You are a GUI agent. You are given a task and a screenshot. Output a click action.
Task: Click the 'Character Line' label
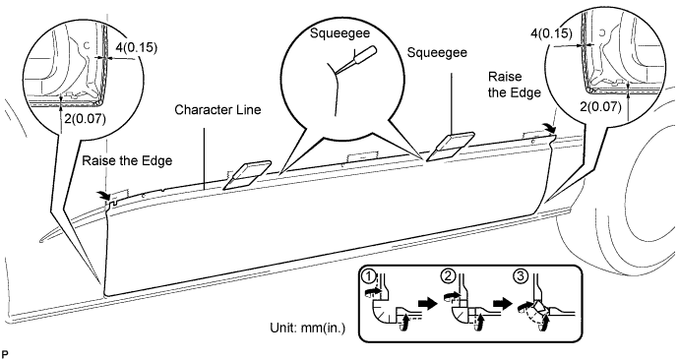(x=217, y=109)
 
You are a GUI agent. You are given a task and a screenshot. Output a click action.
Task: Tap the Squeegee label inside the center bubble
(x=339, y=33)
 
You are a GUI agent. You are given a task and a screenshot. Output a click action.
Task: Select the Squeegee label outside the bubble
(x=437, y=52)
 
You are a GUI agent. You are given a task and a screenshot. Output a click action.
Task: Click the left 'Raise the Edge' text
(x=127, y=160)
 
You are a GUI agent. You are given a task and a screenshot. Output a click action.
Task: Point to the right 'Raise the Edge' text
(x=514, y=85)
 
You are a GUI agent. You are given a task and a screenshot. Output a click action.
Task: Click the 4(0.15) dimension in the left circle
(x=136, y=47)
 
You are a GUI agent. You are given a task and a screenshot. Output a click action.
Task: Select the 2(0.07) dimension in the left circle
(x=85, y=119)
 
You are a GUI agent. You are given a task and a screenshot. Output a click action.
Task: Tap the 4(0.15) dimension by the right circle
(x=551, y=32)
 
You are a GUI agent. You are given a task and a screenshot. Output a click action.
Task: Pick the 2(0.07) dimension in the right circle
(x=600, y=105)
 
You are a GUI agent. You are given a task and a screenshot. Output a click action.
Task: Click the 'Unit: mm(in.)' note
(x=308, y=328)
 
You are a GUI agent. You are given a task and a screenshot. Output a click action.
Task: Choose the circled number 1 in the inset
(x=368, y=275)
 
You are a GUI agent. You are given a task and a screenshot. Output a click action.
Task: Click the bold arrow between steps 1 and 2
(x=429, y=304)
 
